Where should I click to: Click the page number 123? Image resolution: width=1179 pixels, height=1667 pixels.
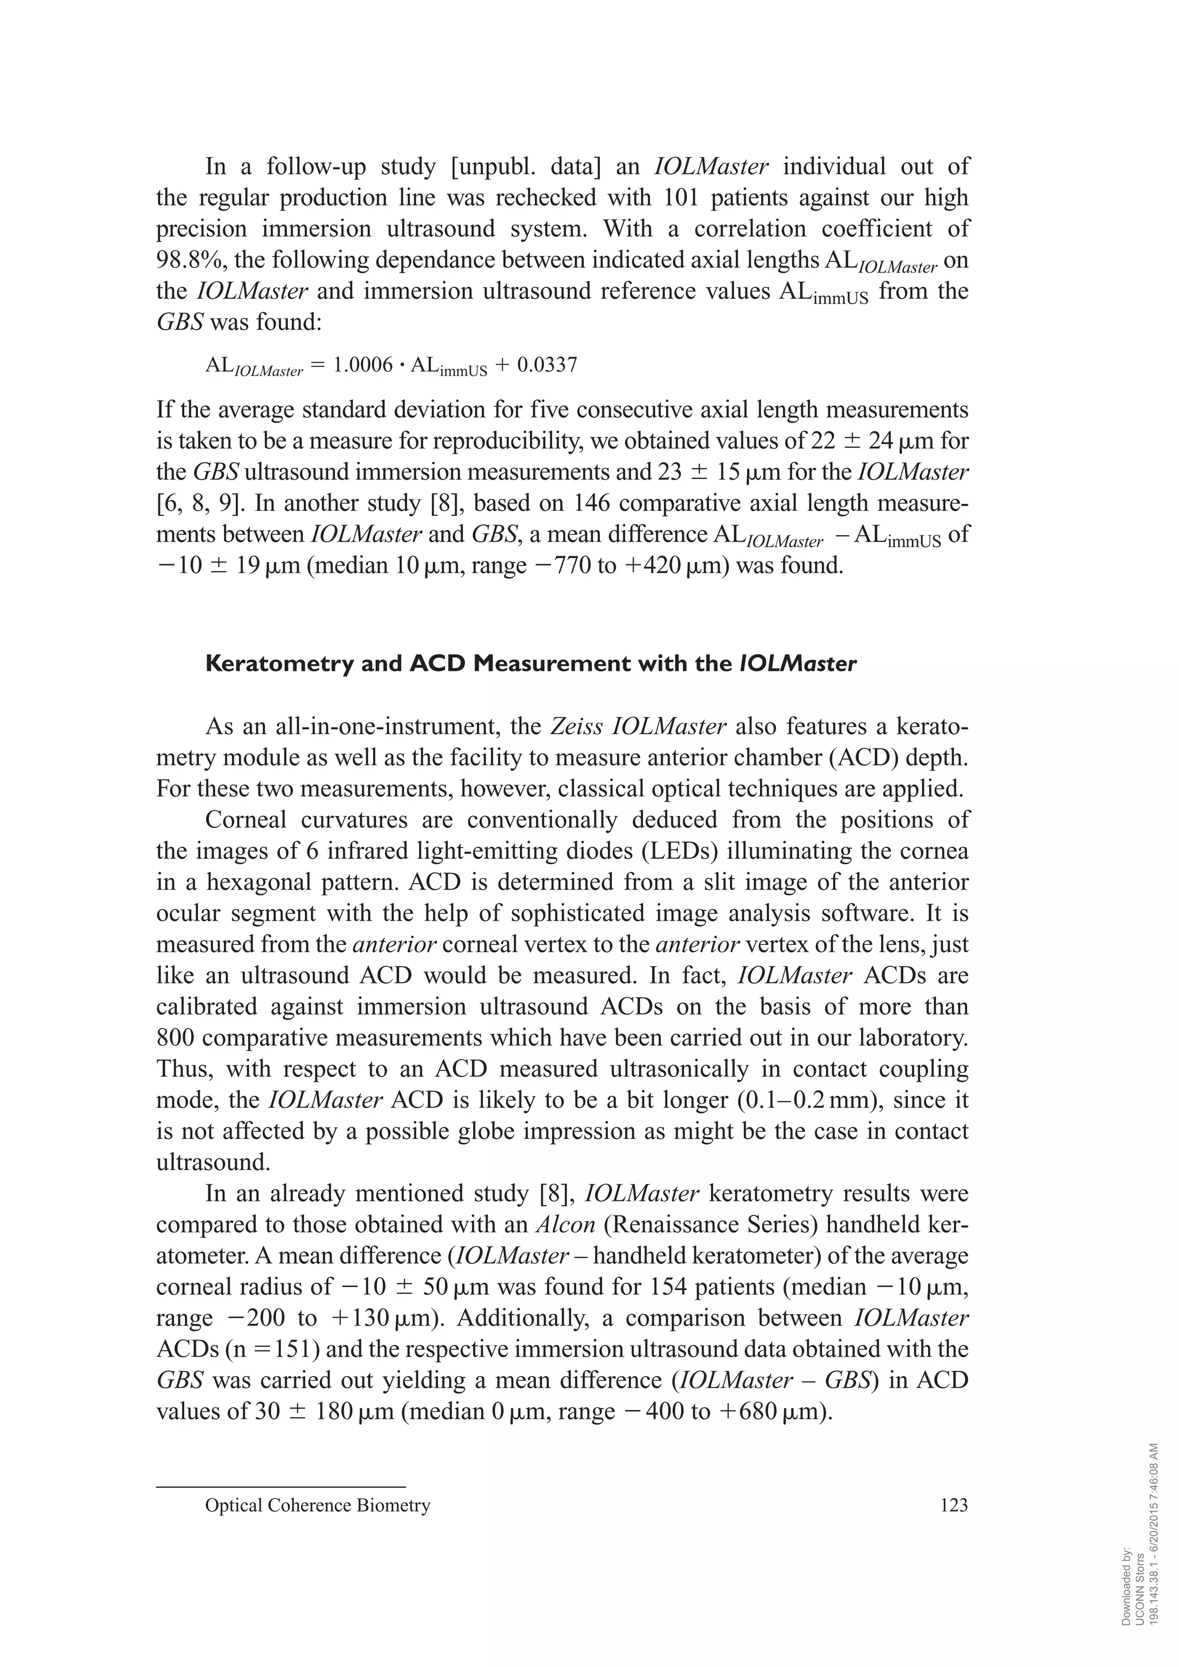pos(953,1506)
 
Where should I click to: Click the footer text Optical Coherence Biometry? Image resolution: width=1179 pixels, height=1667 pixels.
pos(317,1506)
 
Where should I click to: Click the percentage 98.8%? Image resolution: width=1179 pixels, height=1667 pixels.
pos(186,260)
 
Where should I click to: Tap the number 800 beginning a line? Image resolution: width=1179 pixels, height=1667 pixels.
pos(176,1038)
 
